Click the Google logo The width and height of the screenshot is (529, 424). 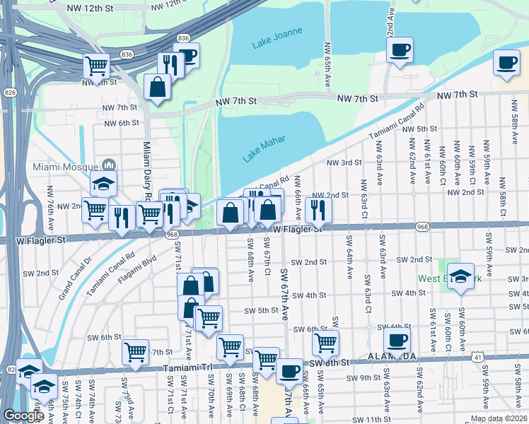point(23,416)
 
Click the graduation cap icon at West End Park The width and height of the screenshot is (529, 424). point(461,278)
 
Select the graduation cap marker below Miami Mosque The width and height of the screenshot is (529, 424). point(103,184)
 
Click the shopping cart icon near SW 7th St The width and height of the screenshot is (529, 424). point(135,351)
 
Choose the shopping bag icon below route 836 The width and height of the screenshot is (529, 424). point(157,87)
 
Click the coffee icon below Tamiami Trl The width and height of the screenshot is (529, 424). point(289,370)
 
